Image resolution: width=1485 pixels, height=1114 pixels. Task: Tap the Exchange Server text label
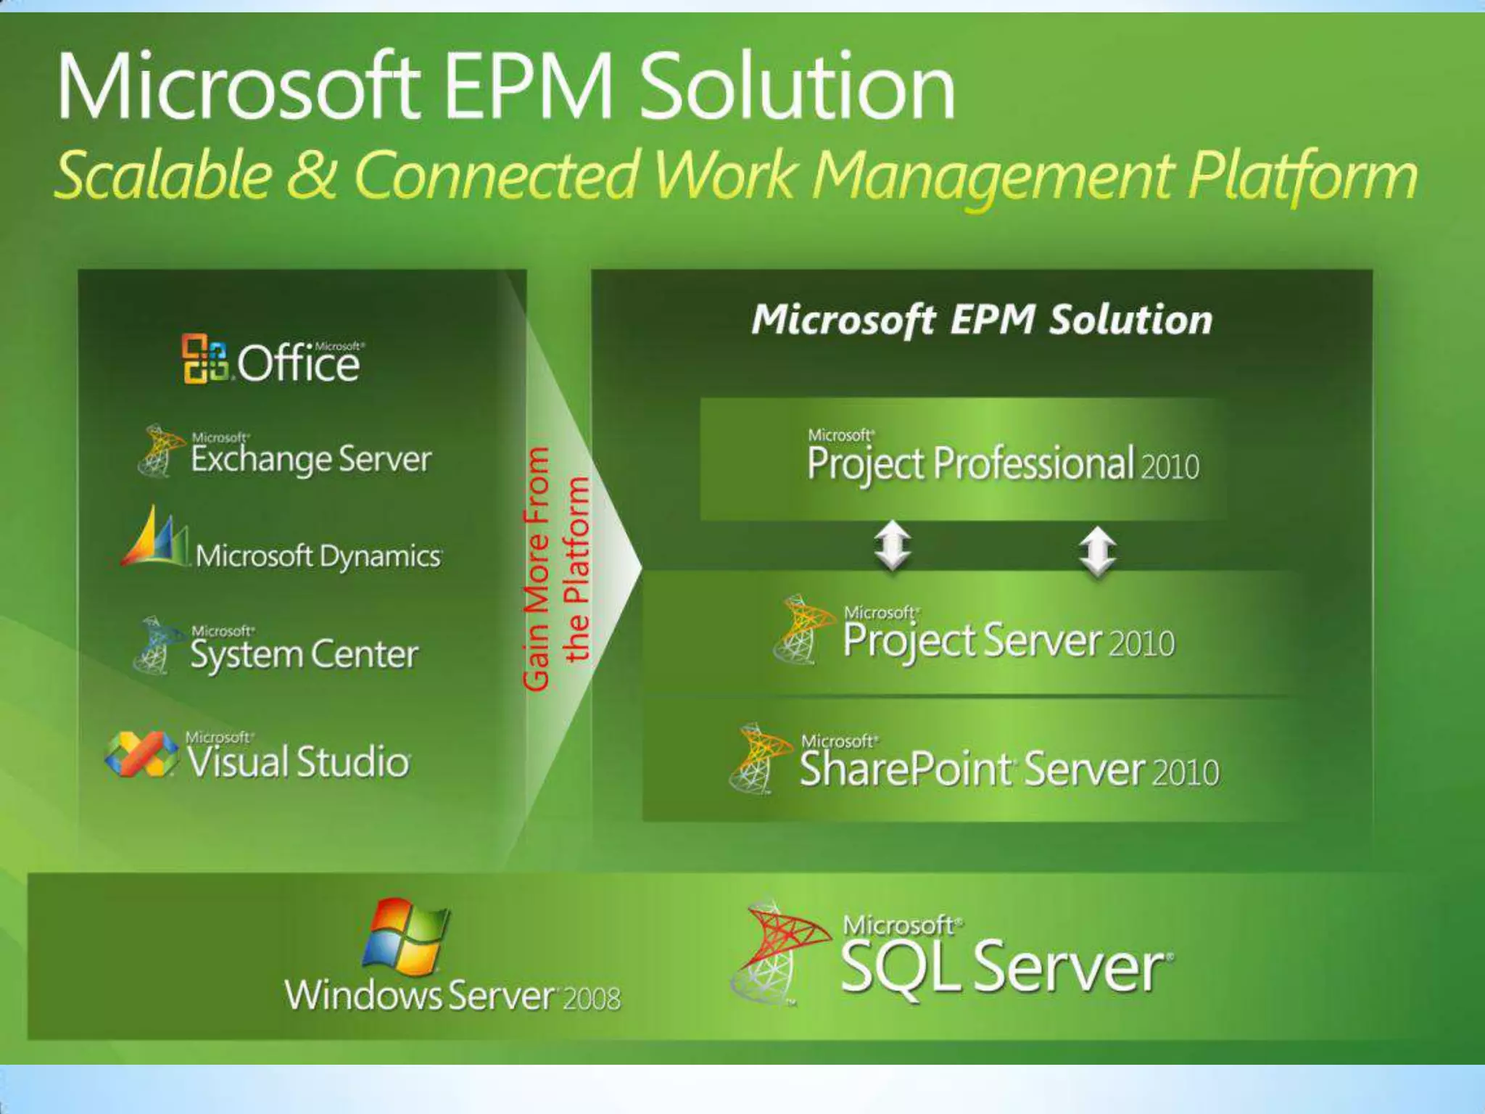click(310, 459)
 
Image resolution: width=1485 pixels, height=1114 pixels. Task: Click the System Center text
click(304, 654)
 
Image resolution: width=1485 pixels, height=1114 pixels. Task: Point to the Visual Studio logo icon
click(141, 754)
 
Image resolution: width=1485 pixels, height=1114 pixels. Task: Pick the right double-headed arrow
click(1098, 551)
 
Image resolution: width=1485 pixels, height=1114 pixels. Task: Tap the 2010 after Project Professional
click(1170, 466)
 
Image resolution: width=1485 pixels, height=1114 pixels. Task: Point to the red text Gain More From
click(537, 569)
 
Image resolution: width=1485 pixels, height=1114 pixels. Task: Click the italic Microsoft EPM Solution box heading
click(982, 319)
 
